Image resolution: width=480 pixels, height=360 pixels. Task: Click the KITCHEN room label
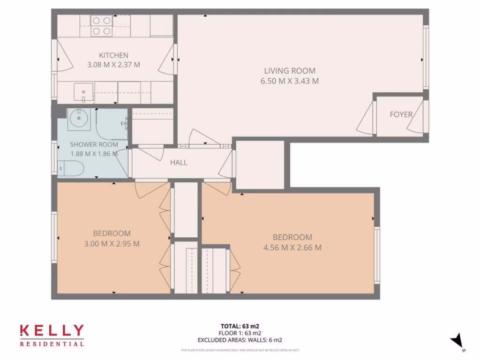pos(113,55)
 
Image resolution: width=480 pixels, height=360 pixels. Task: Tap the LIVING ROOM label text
pos(289,71)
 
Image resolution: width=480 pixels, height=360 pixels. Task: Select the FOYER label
pos(401,114)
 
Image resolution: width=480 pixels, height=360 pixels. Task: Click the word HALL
pos(179,163)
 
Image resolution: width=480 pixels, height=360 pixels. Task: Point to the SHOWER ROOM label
pos(94,144)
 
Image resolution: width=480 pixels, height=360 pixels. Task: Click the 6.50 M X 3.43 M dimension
pos(289,81)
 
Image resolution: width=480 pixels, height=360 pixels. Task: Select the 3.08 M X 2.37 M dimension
pos(113,65)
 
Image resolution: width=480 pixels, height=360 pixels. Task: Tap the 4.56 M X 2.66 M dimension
pos(292,247)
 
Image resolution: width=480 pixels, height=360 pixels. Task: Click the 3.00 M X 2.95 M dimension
pos(112,243)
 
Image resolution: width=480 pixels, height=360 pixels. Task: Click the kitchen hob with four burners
pos(102,26)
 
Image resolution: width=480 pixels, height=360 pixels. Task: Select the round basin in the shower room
pos(76,119)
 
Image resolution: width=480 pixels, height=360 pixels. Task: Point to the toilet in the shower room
pos(71,167)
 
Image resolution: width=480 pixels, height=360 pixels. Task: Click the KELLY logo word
pos(52,331)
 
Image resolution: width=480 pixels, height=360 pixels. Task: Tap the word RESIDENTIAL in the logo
pos(52,344)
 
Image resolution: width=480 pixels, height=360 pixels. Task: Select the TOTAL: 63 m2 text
pos(240,326)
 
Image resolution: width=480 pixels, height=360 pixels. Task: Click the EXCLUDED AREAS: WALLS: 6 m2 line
pos(240,340)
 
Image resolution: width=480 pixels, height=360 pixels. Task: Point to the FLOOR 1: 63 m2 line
pos(240,333)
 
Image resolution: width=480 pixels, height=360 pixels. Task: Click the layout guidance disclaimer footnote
pos(240,350)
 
